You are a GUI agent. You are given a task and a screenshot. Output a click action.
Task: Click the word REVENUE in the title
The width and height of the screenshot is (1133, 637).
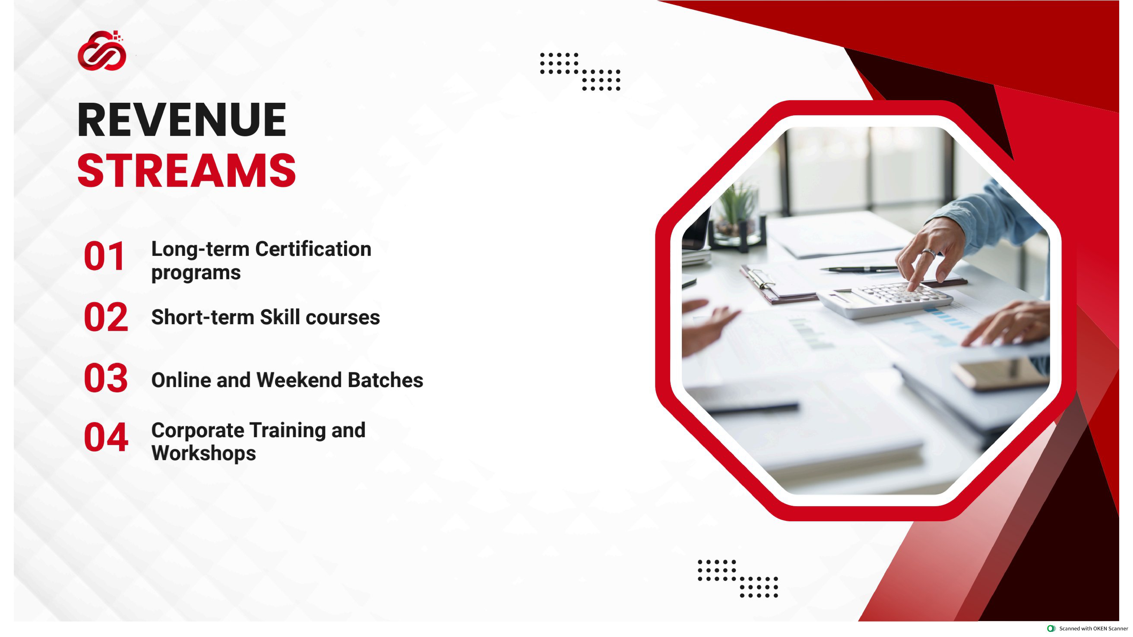point(182,120)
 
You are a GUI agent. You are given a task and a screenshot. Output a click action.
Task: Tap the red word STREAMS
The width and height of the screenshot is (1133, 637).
point(186,171)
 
